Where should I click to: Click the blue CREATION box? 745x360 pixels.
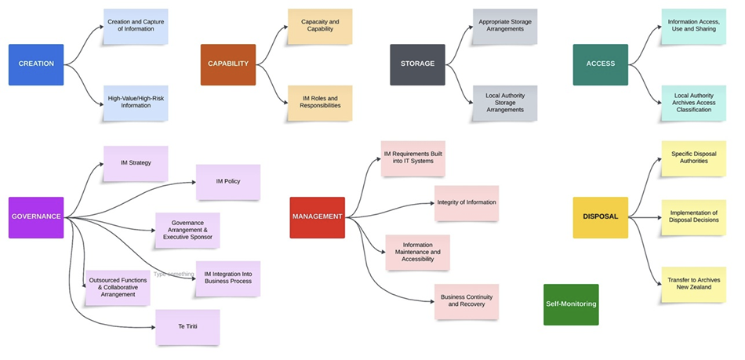tap(36, 64)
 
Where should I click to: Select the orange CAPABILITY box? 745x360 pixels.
tap(228, 64)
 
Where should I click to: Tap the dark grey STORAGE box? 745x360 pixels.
tap(417, 64)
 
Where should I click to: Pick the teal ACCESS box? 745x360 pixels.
tap(600, 64)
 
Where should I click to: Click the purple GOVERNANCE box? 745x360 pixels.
tap(36, 217)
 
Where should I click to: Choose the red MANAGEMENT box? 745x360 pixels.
tap(317, 217)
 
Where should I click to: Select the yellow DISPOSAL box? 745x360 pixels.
tap(600, 217)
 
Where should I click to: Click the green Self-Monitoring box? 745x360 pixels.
tap(571, 304)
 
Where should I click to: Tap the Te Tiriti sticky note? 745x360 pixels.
tap(187, 327)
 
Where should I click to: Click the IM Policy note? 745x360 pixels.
tap(227, 182)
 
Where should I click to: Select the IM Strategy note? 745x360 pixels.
tap(136, 163)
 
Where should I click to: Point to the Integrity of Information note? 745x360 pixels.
tap(467, 203)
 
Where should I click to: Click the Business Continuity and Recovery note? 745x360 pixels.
tap(467, 301)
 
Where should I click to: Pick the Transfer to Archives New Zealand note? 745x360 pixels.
tap(693, 284)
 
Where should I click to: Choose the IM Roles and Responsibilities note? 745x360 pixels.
tap(320, 103)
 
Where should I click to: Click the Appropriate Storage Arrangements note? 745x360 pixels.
tap(505, 27)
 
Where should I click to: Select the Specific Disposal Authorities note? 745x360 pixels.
tap(693, 158)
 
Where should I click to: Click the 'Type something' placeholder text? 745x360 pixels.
tap(173, 275)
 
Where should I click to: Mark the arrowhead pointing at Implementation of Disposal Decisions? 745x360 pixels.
tap(657, 217)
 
